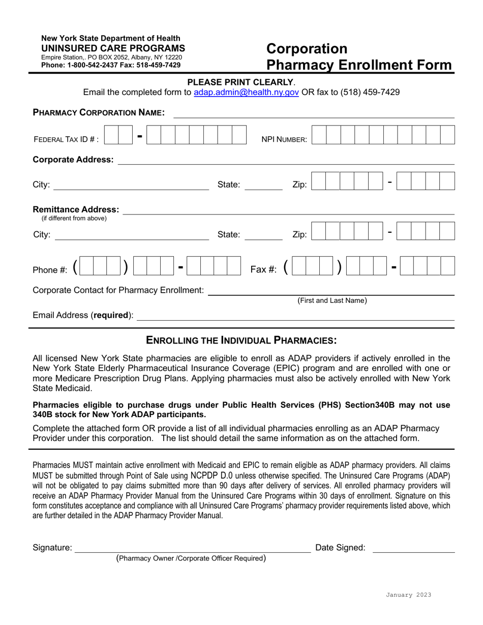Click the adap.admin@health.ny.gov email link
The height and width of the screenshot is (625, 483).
point(247,92)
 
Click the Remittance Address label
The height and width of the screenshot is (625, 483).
point(76,209)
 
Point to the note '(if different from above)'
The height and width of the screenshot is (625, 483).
point(74,218)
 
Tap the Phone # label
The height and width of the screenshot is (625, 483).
point(50,270)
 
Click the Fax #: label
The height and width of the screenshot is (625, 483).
point(263,269)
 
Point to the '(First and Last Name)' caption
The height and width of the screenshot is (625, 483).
point(332,300)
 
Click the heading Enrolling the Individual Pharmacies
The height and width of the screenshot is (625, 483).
point(241,340)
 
